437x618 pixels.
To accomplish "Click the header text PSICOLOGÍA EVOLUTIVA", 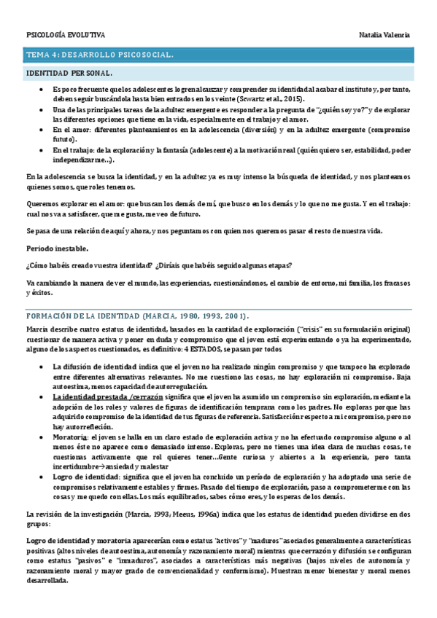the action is point(66,35).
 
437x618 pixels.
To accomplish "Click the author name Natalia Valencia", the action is point(384,35).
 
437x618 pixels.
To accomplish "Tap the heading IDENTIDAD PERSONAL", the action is point(69,74).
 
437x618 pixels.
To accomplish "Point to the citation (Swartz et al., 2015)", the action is point(260,99).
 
